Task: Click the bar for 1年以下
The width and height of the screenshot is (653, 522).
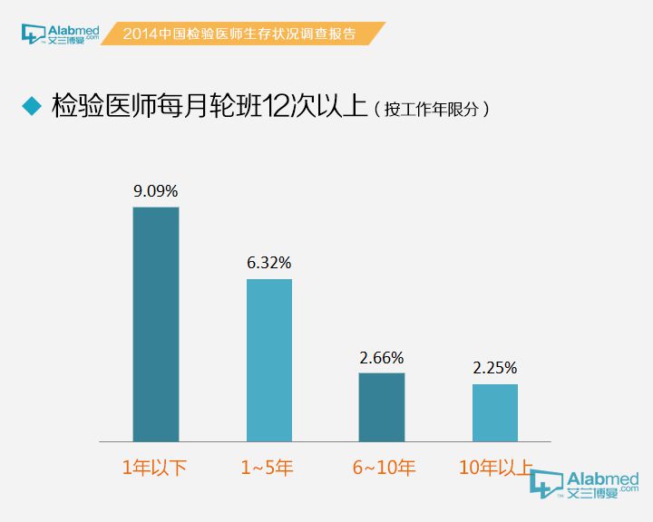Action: pyautogui.click(x=156, y=324)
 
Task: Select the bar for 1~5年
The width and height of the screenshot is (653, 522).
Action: pyautogui.click(x=269, y=360)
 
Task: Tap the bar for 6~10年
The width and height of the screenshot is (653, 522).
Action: pyautogui.click(x=382, y=407)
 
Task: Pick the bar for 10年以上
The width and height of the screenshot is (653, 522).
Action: pyautogui.click(x=495, y=412)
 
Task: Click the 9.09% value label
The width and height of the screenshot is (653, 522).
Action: pyautogui.click(x=156, y=191)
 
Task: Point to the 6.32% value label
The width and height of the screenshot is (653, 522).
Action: pyautogui.click(x=269, y=263)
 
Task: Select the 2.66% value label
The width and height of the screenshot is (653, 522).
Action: pyautogui.click(x=382, y=357)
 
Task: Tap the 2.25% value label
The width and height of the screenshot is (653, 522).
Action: pyautogui.click(x=495, y=368)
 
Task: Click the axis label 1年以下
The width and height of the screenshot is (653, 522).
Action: pyautogui.click(x=155, y=468)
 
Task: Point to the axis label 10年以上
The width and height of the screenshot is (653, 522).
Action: pyautogui.click(x=495, y=468)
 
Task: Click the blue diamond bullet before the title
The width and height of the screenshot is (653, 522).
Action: pyautogui.click(x=32, y=106)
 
